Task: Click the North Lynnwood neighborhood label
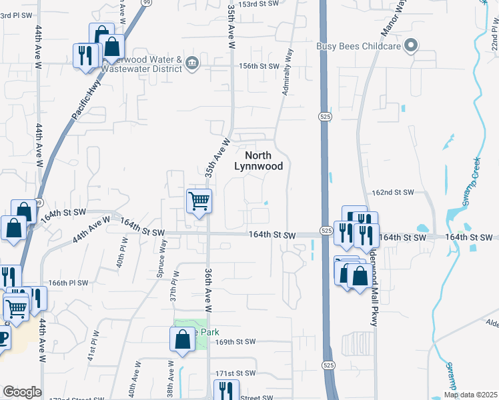coord(259,161)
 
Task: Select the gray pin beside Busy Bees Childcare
coord(412,46)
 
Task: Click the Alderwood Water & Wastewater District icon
coord(192,63)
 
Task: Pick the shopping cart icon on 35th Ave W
coord(199,201)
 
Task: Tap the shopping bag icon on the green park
coord(182,339)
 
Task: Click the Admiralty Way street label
coord(288,71)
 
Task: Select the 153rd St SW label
coord(258,4)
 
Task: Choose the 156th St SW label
coord(258,66)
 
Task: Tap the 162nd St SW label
coord(393,193)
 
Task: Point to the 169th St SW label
coord(235,342)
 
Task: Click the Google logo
coord(22,392)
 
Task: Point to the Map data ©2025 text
coord(470,394)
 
